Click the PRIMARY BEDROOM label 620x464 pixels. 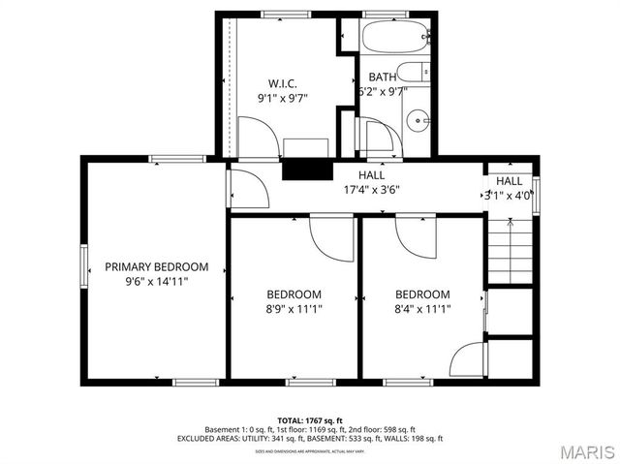(156, 266)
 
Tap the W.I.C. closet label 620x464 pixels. (282, 83)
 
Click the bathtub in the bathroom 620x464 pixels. (395, 39)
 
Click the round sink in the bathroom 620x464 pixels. (418, 121)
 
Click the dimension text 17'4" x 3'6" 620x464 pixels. (372, 190)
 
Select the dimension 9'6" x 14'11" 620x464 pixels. (156, 282)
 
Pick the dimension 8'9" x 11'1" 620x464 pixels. (294, 310)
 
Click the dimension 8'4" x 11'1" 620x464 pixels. (421, 310)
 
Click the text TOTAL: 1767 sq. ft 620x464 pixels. (309, 419)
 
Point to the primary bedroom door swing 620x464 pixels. (246, 188)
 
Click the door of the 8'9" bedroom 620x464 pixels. (330, 232)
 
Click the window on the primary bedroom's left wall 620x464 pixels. (83, 264)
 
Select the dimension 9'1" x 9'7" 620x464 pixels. (282, 99)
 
